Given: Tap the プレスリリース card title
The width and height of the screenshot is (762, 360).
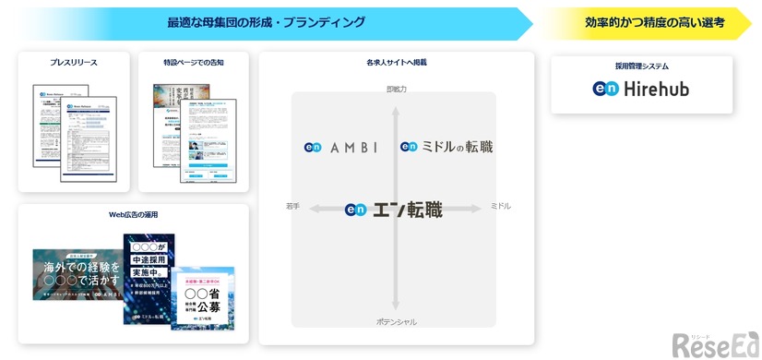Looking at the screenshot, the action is [74, 63].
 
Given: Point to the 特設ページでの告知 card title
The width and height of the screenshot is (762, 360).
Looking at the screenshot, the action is [194, 63].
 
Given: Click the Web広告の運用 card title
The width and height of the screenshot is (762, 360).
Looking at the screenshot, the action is [133, 214].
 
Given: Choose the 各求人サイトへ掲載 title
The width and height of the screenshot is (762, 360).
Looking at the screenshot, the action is [396, 63].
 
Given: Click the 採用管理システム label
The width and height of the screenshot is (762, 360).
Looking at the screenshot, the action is [641, 66].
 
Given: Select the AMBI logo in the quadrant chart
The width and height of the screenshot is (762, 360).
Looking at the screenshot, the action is [340, 147].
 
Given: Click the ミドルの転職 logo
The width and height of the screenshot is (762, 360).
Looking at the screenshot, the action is [446, 147].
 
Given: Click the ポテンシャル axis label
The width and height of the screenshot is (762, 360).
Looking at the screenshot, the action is [396, 321].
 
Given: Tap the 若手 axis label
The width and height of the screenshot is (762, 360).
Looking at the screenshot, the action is [293, 206].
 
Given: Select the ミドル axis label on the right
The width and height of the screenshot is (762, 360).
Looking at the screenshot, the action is [500, 206].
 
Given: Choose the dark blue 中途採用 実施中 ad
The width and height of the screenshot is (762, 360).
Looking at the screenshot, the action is [149, 279].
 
